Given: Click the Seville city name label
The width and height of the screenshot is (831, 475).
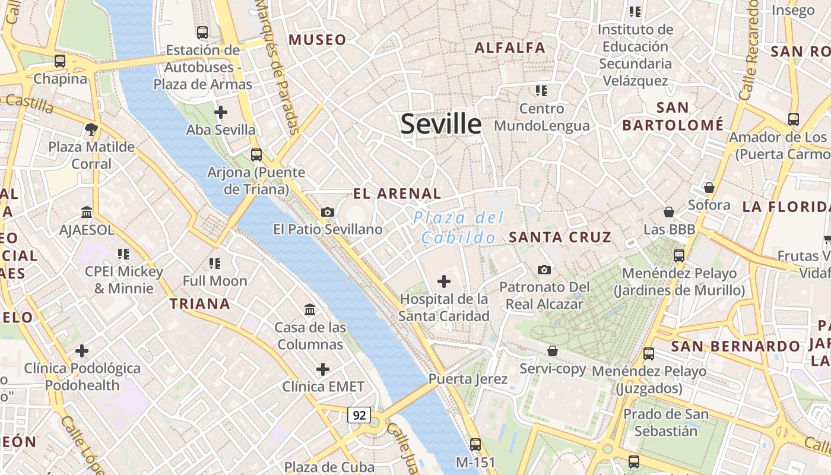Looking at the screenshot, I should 440,124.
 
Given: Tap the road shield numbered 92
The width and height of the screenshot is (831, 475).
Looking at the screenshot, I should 359,415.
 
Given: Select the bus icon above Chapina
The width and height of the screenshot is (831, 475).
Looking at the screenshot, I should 59,61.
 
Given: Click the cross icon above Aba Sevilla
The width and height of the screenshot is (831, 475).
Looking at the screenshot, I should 220,112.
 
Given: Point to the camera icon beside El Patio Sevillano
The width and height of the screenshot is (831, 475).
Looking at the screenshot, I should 327,212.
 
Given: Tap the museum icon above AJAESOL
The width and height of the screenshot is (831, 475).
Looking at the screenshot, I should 87,212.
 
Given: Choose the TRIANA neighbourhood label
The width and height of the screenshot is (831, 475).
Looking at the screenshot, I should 200,304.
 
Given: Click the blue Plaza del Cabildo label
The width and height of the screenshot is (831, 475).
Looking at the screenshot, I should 458,227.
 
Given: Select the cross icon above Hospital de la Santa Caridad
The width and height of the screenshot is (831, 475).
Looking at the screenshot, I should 443,281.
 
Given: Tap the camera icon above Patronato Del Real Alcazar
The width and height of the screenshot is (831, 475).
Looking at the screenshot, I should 544,270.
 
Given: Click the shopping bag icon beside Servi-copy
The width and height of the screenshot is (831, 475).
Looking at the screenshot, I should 552,351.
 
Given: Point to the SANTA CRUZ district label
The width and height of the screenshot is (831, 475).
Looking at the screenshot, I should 560,237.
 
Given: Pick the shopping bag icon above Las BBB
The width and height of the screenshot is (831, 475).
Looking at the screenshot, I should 669,212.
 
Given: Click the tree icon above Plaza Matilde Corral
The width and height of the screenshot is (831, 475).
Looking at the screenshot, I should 91,129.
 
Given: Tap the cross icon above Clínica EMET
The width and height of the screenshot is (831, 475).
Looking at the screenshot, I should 322,369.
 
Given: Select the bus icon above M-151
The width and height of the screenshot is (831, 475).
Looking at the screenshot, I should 475,444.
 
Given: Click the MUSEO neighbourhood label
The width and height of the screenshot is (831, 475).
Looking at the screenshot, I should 317,40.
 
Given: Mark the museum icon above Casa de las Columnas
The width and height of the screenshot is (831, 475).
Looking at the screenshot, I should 309,309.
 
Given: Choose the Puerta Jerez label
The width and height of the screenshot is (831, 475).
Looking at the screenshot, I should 468,379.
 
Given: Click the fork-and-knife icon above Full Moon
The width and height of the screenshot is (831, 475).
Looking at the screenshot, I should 214,263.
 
